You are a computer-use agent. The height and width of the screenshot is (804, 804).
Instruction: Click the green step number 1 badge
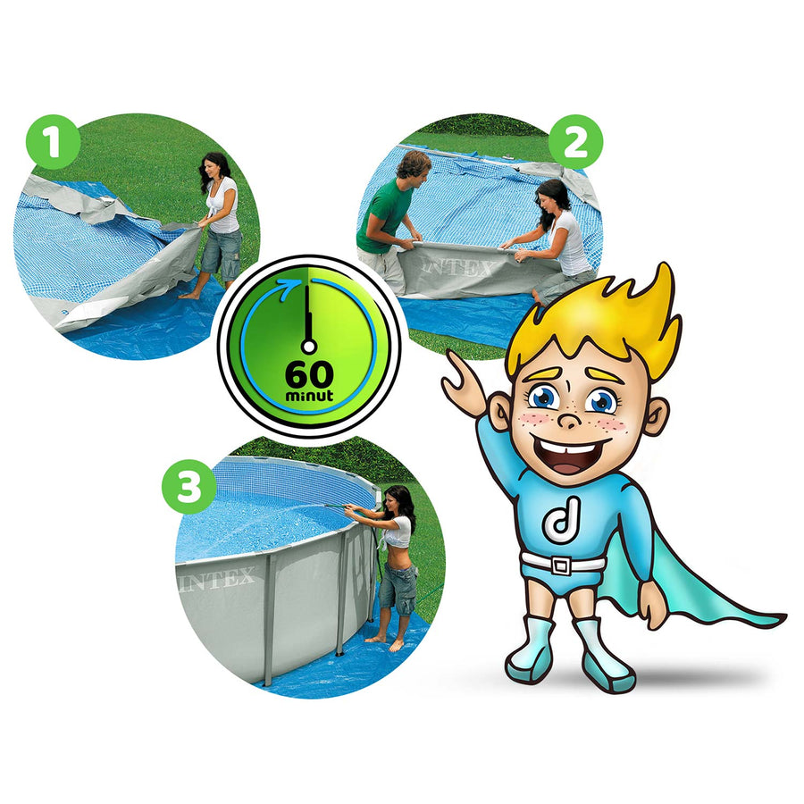54,141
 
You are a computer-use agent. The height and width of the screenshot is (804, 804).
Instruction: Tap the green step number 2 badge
575,142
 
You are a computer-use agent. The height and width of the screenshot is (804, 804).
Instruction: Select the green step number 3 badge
189,487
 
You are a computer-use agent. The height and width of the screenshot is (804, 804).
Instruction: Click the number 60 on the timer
309,375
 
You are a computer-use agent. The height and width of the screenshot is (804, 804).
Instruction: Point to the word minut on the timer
309,396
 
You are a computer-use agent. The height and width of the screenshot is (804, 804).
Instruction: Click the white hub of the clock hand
309,347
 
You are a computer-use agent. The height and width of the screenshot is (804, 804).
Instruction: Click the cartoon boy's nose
569,421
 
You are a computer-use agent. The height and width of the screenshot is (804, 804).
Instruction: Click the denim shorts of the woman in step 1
222,255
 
